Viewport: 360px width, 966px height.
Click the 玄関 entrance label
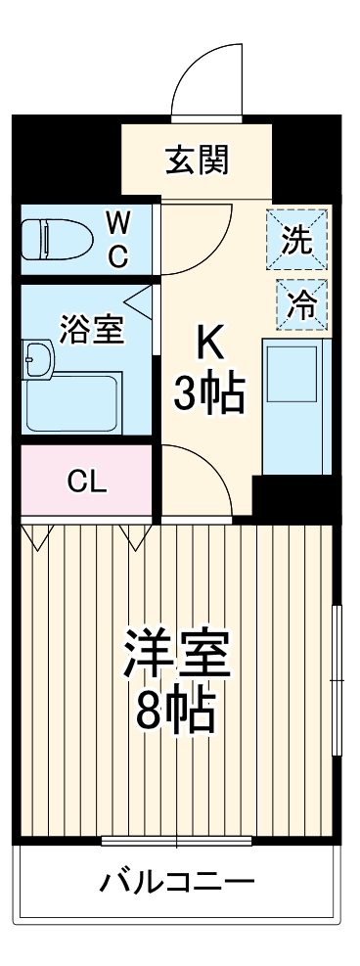(197, 160)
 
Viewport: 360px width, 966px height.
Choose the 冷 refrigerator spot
(300, 303)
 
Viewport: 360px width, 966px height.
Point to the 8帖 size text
(176, 714)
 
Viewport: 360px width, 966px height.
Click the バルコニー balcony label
(178, 883)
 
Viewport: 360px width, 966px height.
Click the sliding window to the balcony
(177, 840)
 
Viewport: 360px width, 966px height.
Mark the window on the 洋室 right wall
(337, 680)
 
